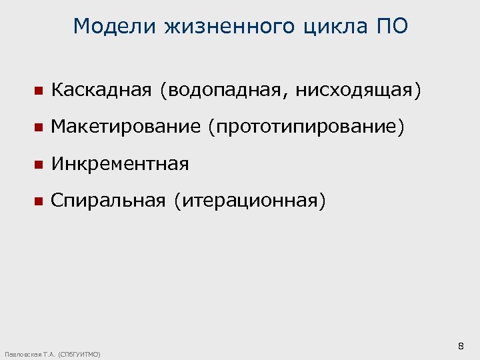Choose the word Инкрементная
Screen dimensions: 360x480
click(x=120, y=163)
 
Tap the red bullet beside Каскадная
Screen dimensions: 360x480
click(x=38, y=91)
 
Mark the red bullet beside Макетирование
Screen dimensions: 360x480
click(x=38, y=127)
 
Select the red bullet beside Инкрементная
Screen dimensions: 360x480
click(x=38, y=164)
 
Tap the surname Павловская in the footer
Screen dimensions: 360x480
click(x=23, y=354)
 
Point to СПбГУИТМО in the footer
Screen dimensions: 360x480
click(x=79, y=354)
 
